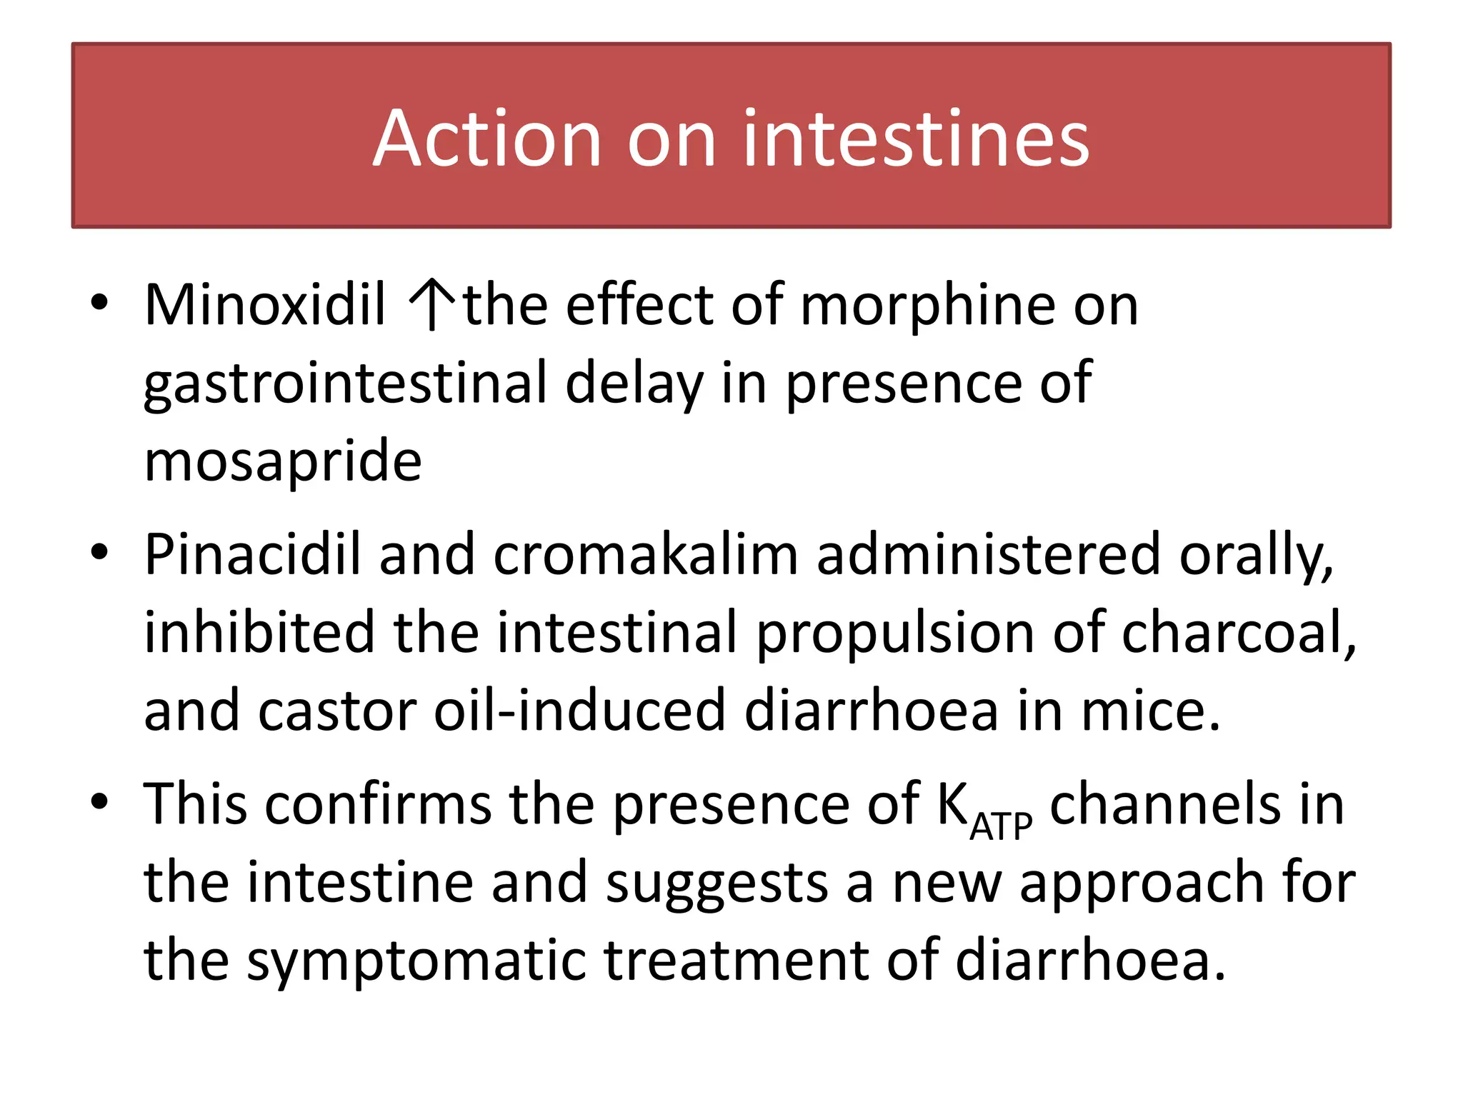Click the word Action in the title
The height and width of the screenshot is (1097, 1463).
coord(486,139)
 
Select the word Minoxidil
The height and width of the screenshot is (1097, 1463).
coord(265,306)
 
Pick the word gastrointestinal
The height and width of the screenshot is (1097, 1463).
coord(345,384)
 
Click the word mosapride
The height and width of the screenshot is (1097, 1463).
coord(283,462)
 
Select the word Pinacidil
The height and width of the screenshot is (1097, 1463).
coord(252,555)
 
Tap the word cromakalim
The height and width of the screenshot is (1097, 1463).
coord(645,555)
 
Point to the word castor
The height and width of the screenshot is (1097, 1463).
coord(336,711)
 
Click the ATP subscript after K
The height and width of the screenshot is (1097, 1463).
coord(1001,827)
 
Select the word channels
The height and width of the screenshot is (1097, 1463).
coord(1165,804)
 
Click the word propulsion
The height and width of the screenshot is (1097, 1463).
coord(896,633)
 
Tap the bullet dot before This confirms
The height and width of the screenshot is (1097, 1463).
coord(99,801)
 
